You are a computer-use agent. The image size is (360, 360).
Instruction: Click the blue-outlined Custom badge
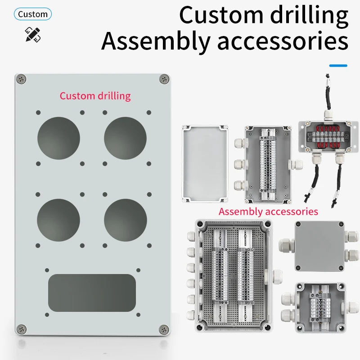[32, 14]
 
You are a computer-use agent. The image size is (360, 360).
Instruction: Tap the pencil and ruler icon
[33, 35]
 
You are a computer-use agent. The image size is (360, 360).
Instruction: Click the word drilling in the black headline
[309, 16]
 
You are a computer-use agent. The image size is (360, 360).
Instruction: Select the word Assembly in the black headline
[156, 41]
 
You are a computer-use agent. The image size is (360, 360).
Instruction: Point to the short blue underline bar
[338, 66]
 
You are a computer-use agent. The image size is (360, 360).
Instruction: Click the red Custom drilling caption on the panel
[95, 96]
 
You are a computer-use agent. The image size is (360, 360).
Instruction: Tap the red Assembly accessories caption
[268, 211]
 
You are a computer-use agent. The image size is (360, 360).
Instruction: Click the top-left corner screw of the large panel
[21, 79]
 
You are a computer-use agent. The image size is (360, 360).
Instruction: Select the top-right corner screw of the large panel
[164, 79]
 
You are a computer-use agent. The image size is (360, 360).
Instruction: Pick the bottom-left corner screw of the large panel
[21, 329]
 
